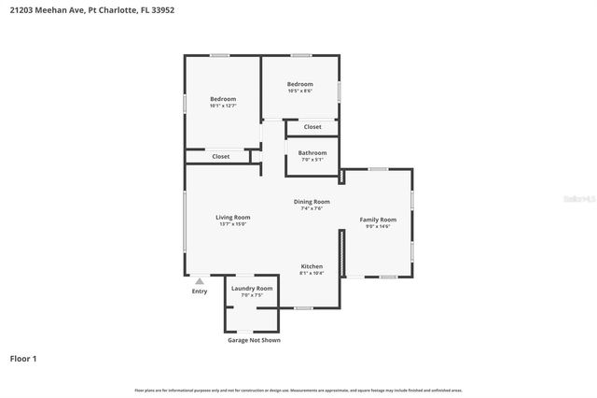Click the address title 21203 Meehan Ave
pos(91,10)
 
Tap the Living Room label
pos(234,217)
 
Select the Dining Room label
pos(312,201)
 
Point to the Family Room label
pos(378,219)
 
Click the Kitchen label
pos(312,266)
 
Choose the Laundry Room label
pos(252,289)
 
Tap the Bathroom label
pos(312,152)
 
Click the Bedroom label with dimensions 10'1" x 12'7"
pos(223,99)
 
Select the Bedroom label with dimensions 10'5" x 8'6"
pos(299,84)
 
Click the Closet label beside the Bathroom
pos(312,126)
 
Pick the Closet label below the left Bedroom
pos(221,156)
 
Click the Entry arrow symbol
pos(199,280)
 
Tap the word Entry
pos(200,291)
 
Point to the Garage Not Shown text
pos(254,340)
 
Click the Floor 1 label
pos(23,358)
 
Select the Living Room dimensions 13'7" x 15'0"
pos(234,224)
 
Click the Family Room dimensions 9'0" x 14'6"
pos(378,226)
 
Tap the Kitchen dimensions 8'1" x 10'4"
pos(312,274)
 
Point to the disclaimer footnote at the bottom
pos(298,391)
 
